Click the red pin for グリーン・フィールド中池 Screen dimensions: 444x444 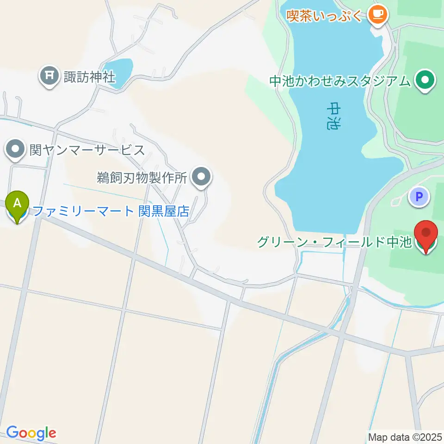(x=425, y=235)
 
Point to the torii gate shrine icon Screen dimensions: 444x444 (x=49, y=75)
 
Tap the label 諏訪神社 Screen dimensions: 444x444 (x=89, y=75)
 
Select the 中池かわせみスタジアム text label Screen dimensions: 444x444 (x=340, y=81)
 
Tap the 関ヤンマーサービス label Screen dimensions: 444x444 (x=87, y=150)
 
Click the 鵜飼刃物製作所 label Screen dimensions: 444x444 (x=142, y=177)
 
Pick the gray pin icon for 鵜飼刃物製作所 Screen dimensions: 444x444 (x=201, y=177)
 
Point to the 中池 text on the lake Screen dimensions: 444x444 (x=334, y=116)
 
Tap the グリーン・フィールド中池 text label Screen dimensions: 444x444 (x=334, y=242)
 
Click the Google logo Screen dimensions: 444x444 (x=31, y=433)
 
